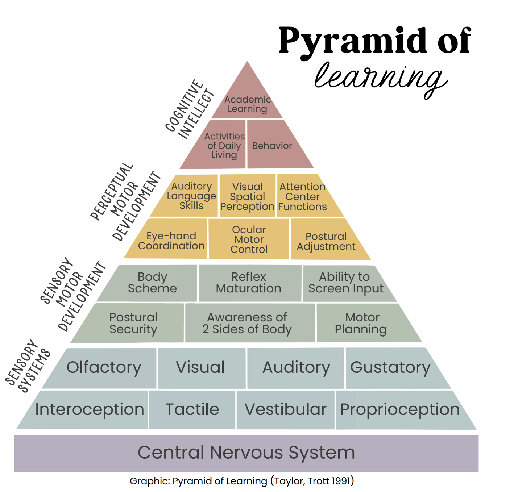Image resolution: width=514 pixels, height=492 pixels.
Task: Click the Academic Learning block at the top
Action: click(x=248, y=104)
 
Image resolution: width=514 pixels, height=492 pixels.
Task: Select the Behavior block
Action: click(x=272, y=146)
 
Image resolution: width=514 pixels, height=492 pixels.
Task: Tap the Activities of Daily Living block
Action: click(x=224, y=146)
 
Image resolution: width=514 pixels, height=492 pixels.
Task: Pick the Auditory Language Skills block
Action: click(x=191, y=196)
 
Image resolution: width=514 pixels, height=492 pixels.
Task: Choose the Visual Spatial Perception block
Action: click(x=248, y=196)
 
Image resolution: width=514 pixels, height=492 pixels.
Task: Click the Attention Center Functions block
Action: click(x=303, y=196)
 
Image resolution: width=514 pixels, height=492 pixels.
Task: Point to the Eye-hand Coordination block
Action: click(x=171, y=241)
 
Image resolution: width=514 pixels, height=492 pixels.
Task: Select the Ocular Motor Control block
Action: click(x=249, y=239)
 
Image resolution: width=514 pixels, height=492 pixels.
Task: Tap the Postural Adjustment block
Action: click(x=326, y=241)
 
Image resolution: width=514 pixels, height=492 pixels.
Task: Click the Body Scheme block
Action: click(x=152, y=283)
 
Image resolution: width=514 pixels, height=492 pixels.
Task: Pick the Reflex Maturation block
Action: click(x=249, y=283)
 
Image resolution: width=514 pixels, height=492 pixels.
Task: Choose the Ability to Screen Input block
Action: click(x=345, y=283)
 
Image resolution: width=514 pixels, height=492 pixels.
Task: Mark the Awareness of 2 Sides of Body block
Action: click(x=247, y=323)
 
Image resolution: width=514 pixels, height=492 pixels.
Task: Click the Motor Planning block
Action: click(x=361, y=323)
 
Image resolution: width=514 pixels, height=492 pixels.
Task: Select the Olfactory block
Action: click(x=104, y=368)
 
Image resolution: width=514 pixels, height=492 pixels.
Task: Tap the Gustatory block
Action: click(x=390, y=368)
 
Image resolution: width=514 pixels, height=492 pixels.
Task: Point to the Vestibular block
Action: click(x=286, y=410)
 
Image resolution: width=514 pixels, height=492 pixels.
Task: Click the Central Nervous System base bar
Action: click(x=246, y=453)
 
